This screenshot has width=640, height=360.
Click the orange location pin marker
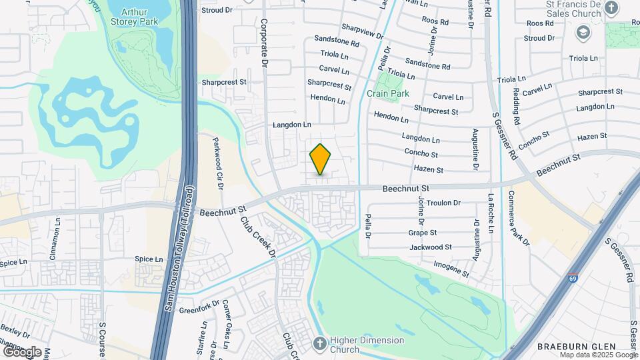(320, 159)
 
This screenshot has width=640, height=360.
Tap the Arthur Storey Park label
(139, 16)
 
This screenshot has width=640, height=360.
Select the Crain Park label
(388, 94)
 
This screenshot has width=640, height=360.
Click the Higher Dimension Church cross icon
(320, 344)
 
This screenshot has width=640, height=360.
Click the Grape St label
(422, 233)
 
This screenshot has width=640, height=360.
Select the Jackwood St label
(430, 247)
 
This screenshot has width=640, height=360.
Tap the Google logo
(22, 351)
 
